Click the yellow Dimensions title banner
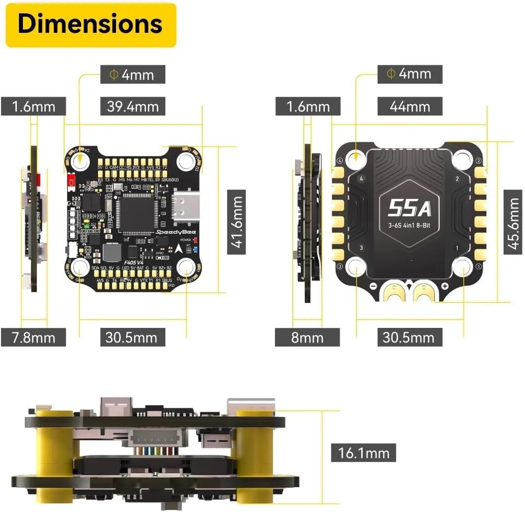point(91,24)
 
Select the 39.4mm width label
point(132,106)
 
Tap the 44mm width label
point(410,106)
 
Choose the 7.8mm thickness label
point(33,337)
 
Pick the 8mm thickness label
point(307,337)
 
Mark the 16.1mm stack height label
point(363,453)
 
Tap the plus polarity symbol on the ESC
point(445,286)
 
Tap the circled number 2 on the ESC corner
point(478,161)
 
